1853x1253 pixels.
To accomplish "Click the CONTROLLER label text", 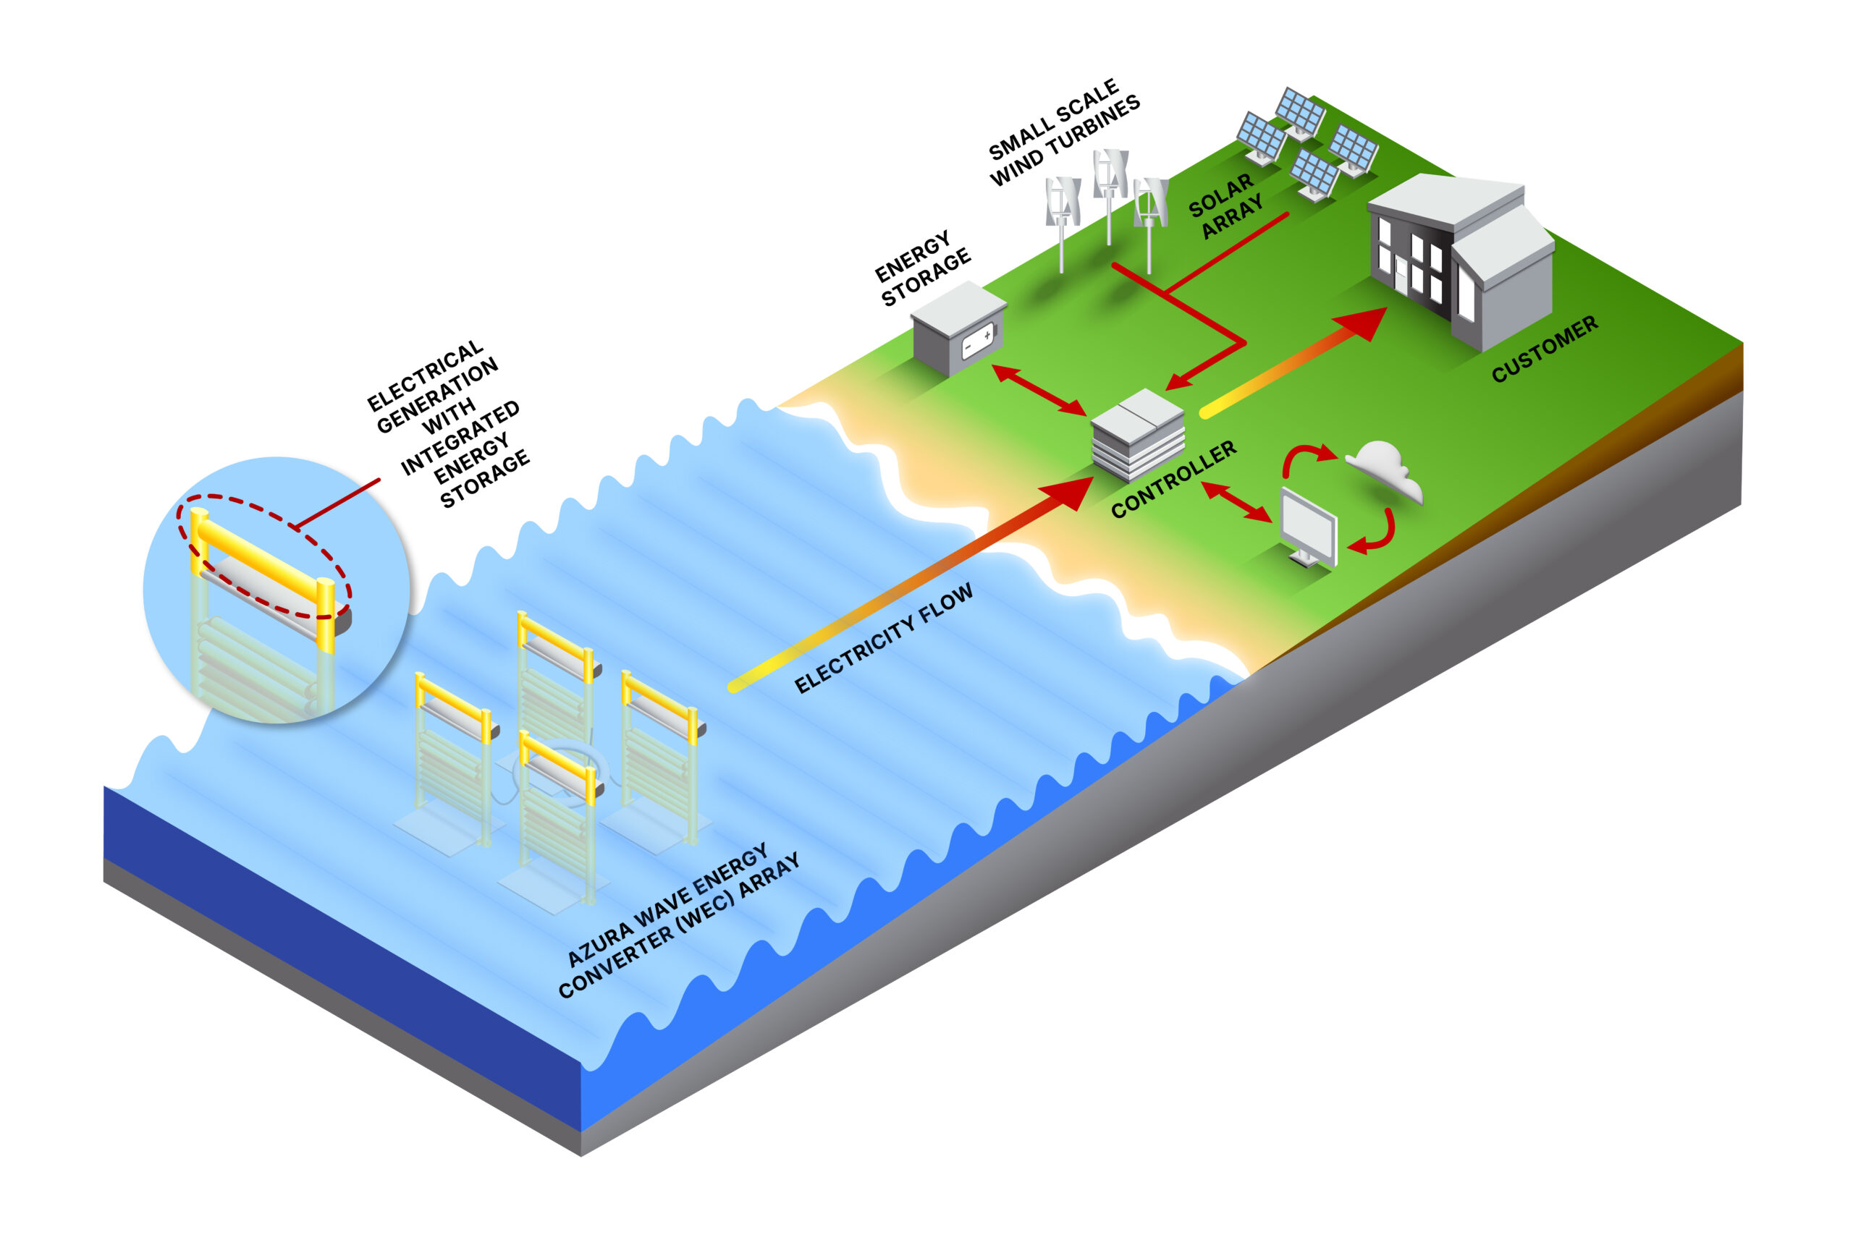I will [x=1173, y=479].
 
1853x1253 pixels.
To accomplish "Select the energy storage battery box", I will [x=957, y=328].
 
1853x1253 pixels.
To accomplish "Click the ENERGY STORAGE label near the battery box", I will [x=922, y=268].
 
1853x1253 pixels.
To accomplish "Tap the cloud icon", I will [x=1385, y=471].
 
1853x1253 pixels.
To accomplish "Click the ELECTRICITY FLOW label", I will [x=884, y=637].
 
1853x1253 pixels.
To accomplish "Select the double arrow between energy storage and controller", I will [x=1039, y=390].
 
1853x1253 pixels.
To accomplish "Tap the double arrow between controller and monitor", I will [x=1237, y=502].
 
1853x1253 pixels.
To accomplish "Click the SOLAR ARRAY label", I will [x=1225, y=206].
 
